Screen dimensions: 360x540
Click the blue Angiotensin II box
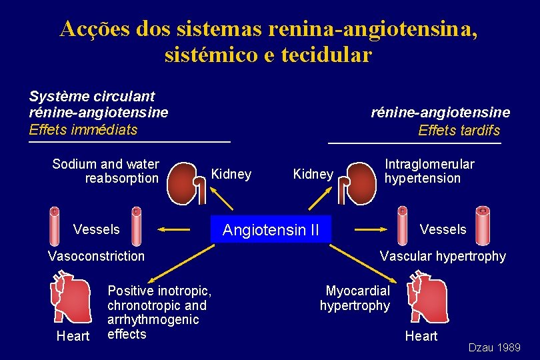tap(271, 230)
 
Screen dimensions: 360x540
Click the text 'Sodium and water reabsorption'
tap(106, 171)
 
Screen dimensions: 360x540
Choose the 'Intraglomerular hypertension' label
tap(429, 171)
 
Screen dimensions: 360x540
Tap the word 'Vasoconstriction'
tap(96, 256)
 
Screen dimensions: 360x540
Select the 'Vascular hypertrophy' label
tap(443, 256)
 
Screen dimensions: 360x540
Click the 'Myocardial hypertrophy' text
tap(355, 298)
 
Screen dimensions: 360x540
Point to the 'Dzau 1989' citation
tap(494, 347)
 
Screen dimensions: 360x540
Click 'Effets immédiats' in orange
tap(83, 129)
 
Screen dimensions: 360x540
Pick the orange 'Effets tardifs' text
tap(459, 131)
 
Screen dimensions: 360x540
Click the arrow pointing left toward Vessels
tap(176, 229)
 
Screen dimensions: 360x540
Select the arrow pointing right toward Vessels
tap(370, 229)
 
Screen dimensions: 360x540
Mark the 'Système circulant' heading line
tap(92, 97)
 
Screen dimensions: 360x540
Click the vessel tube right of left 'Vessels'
tap(135, 227)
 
